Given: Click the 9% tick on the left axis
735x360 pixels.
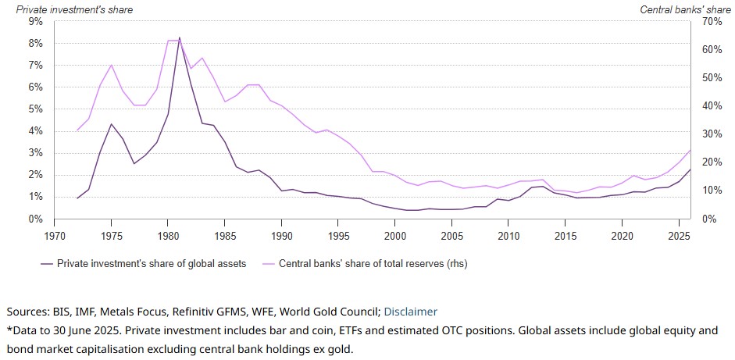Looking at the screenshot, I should [x=35, y=22].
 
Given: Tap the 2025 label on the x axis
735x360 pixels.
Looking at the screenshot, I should [x=679, y=234].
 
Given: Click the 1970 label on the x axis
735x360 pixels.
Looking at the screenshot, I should [x=55, y=234].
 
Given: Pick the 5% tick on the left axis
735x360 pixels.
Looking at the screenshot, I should [x=35, y=109].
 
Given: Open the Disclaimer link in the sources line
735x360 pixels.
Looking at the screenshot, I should [x=410, y=312].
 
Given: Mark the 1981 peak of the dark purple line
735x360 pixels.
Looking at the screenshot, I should [x=180, y=37].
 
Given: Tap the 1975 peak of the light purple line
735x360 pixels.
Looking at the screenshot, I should [x=112, y=65].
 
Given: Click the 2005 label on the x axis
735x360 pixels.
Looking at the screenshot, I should [x=451, y=234].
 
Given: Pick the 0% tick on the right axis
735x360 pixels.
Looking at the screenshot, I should [x=708, y=219].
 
